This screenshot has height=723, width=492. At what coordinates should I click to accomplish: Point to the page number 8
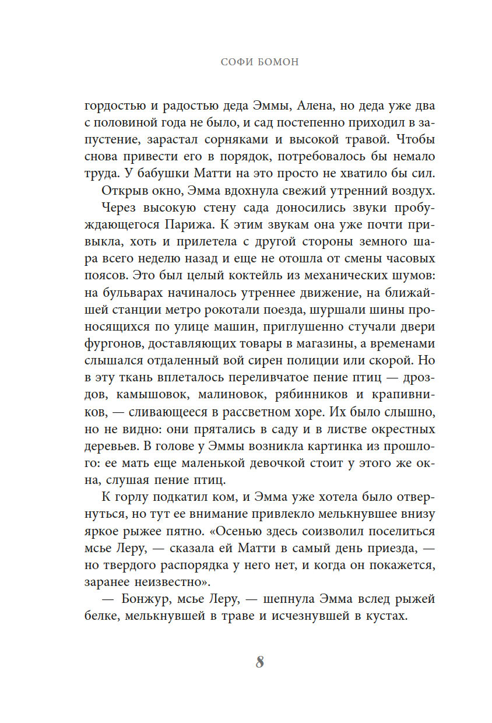(260, 662)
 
